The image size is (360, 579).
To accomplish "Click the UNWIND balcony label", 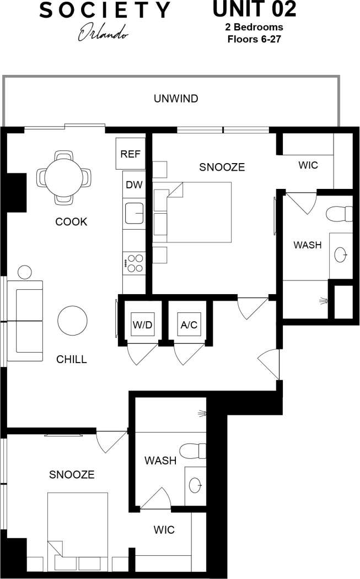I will (x=176, y=99).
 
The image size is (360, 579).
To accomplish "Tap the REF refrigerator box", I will (x=131, y=154).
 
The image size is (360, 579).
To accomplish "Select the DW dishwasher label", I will (x=133, y=185).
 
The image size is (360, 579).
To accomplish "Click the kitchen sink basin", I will (x=134, y=213).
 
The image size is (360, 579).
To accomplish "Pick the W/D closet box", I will (x=142, y=324).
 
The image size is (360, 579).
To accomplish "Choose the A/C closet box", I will (x=189, y=324).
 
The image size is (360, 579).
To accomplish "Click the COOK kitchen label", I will (x=71, y=222).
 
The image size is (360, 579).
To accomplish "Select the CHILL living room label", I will (x=72, y=360).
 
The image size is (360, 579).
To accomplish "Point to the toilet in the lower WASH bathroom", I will (x=194, y=452).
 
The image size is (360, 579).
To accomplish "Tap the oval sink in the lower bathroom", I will (x=195, y=485).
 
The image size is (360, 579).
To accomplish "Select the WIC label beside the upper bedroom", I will (x=308, y=165).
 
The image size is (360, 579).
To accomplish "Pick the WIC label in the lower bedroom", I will (x=164, y=530).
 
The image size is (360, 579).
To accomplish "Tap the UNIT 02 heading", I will (x=254, y=9).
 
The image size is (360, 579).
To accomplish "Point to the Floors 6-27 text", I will (x=254, y=39).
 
